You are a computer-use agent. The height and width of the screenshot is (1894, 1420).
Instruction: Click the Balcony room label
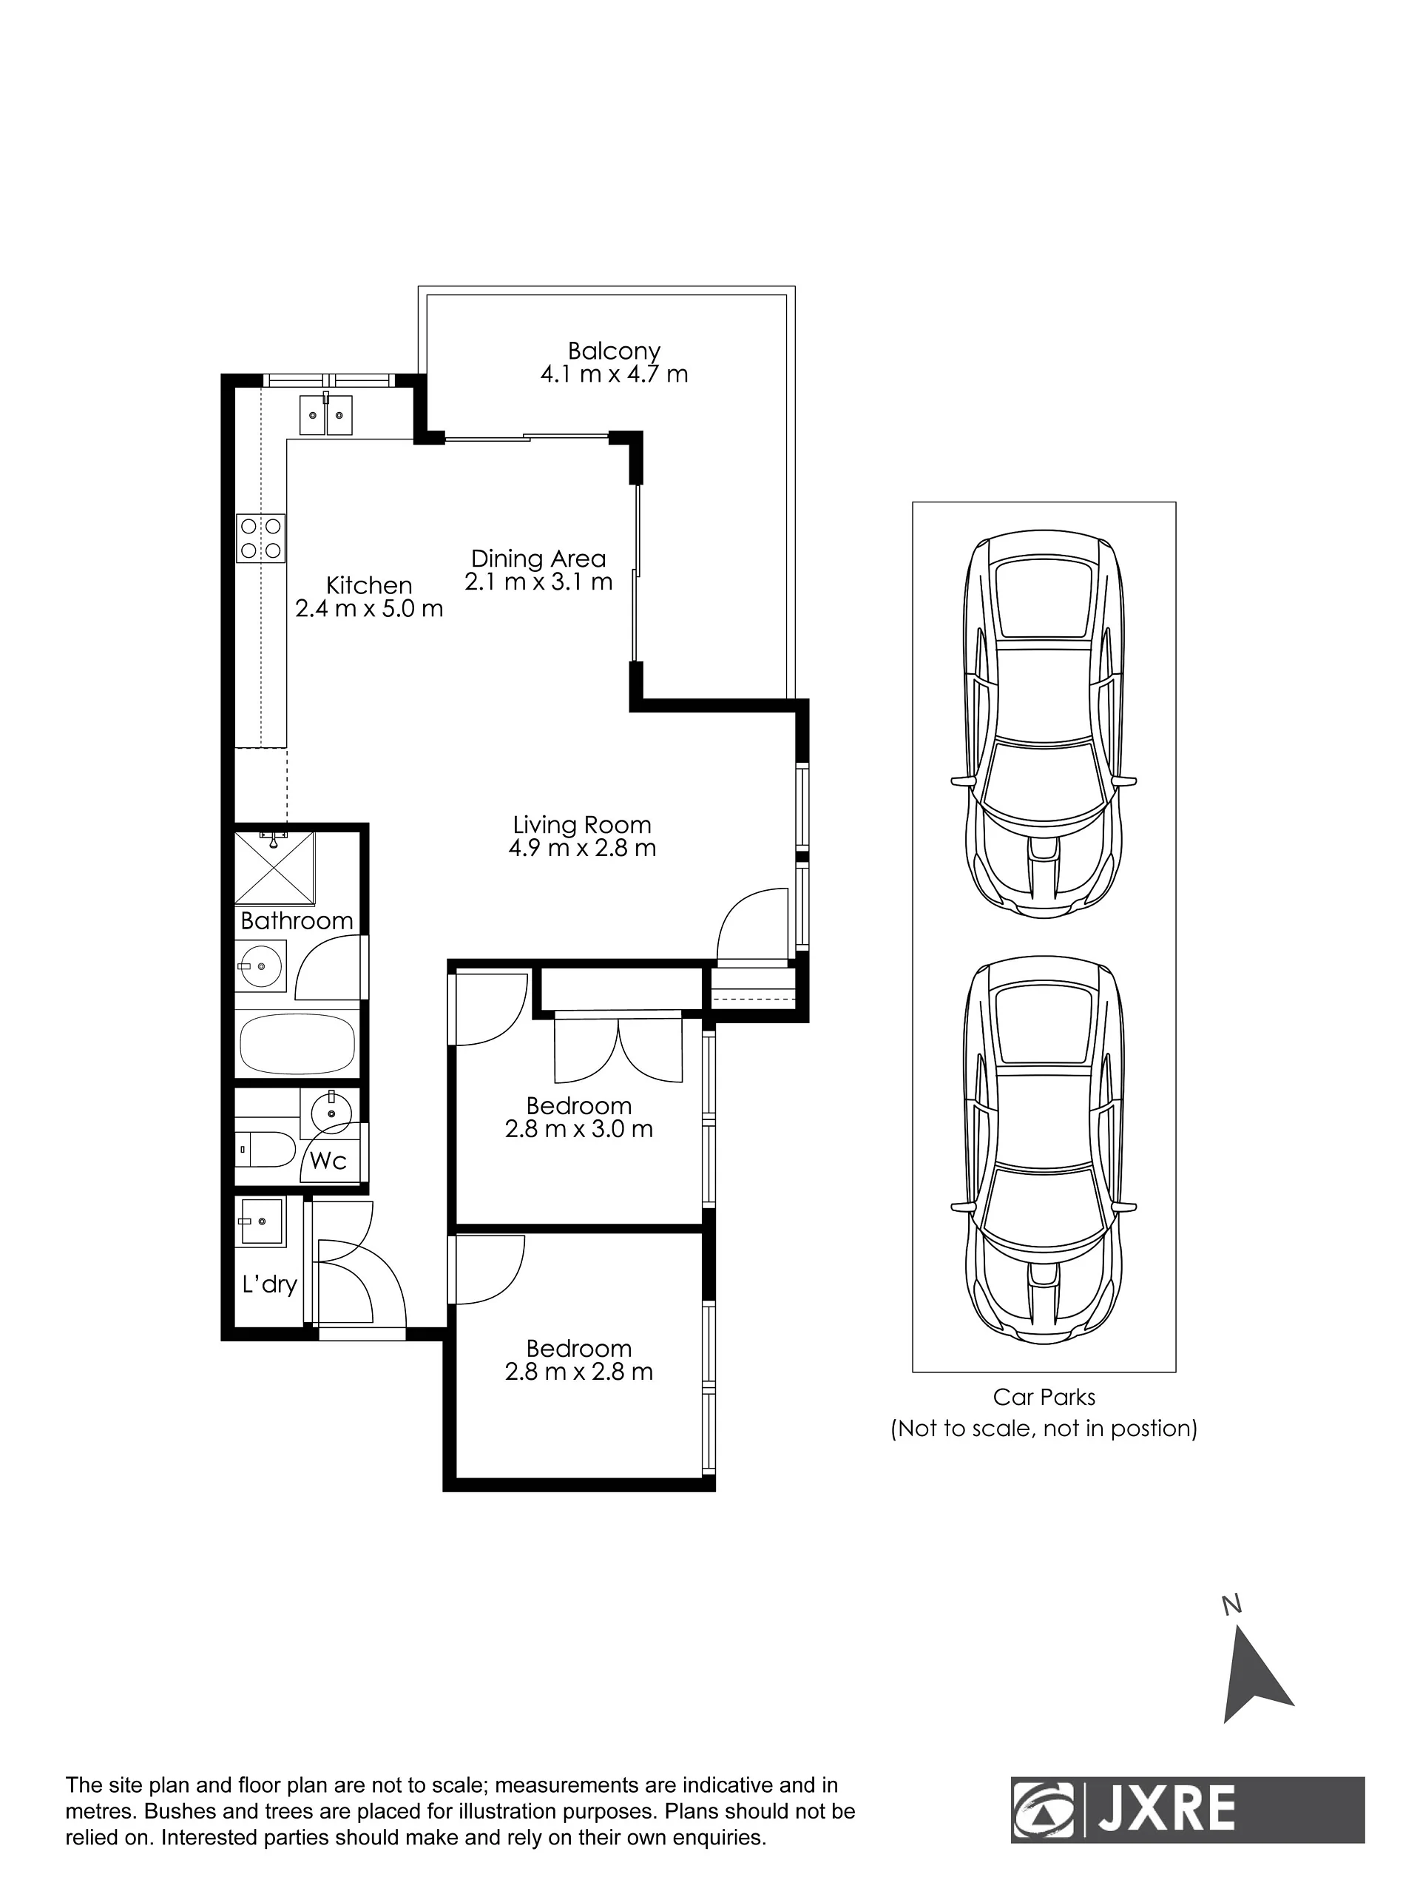click(614, 351)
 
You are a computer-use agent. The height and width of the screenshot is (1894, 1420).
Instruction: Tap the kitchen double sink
click(325, 414)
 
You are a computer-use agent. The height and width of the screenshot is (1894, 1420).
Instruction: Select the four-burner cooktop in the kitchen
click(261, 538)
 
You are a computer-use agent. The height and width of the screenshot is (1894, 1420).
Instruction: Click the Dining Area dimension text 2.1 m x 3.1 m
click(538, 582)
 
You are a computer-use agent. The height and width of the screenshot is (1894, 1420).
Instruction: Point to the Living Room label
click(582, 825)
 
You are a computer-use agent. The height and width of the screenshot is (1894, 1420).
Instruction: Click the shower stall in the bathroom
click(275, 866)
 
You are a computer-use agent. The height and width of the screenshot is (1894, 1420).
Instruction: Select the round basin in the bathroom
click(261, 968)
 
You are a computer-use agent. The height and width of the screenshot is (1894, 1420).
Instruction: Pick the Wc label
click(328, 1160)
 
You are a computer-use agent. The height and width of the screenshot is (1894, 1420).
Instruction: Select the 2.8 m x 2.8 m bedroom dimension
click(578, 1372)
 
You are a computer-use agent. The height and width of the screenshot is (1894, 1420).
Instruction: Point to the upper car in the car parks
click(1044, 728)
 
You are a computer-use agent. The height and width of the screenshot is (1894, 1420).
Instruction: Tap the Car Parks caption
click(1044, 1397)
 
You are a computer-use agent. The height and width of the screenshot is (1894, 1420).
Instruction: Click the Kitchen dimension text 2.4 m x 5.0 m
click(369, 609)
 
